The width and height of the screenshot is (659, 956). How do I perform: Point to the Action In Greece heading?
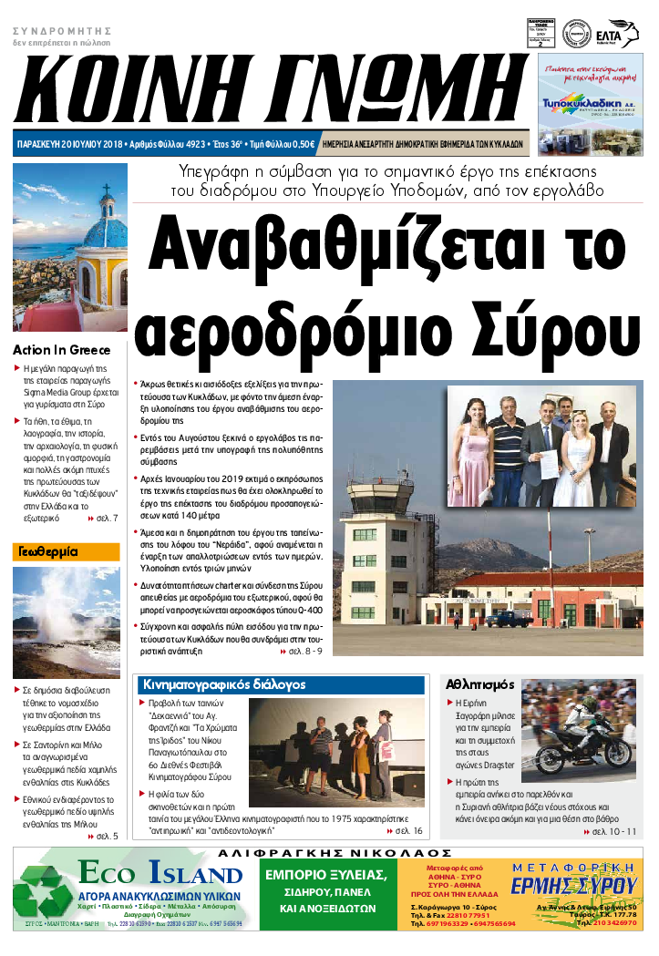[61, 350]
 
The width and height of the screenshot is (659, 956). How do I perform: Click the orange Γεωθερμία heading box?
[66, 551]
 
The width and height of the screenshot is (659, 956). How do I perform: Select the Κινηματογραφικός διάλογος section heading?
[224, 684]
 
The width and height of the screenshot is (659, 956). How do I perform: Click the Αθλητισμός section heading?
[479, 684]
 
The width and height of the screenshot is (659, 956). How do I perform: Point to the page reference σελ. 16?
[407, 831]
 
